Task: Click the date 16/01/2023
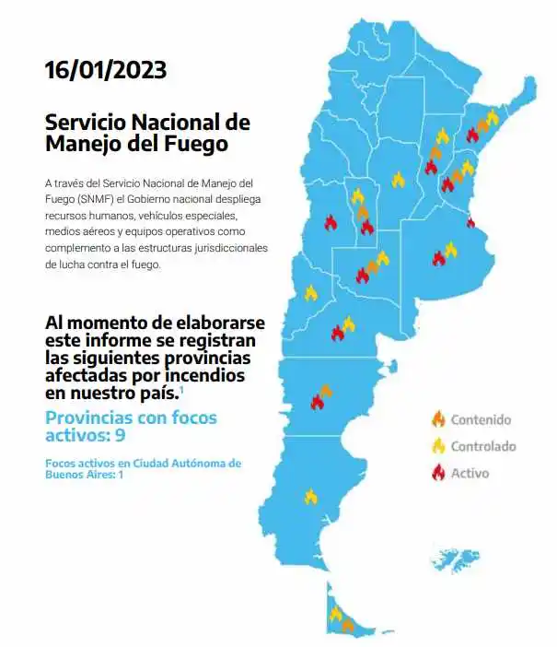point(105,70)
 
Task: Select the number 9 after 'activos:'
point(122,435)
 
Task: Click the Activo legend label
point(470,474)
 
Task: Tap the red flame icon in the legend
point(436,473)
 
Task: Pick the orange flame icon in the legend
point(436,419)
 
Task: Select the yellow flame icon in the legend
point(436,446)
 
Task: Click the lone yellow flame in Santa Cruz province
point(311,497)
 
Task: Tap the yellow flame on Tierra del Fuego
point(336,614)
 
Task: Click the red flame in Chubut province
point(318,402)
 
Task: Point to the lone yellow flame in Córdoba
point(398,180)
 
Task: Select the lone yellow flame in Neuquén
point(311,293)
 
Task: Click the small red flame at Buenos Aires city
point(470,222)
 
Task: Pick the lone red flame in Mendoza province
point(331,222)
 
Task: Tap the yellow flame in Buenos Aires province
point(450,249)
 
